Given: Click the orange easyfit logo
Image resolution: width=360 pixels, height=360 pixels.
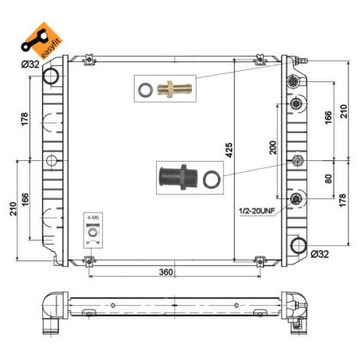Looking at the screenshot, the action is [x=41, y=41].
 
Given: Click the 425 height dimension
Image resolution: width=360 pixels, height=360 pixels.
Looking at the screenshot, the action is [x=229, y=151].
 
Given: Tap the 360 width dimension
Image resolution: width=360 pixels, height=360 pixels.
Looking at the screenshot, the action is [x=166, y=272].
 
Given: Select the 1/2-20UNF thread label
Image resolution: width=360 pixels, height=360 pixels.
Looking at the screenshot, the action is [x=257, y=211].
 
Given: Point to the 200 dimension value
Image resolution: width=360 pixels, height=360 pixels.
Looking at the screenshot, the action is [x=272, y=147].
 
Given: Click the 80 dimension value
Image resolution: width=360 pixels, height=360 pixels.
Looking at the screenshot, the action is [x=328, y=178].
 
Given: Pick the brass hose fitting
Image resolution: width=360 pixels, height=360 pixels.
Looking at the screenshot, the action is [x=174, y=89].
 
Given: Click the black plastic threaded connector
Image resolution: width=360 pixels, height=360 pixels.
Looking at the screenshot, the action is [x=178, y=177].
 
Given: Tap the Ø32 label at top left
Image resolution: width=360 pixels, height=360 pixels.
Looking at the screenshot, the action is [x=30, y=64].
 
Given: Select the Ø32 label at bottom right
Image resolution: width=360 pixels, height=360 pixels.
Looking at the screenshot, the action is [x=319, y=254].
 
